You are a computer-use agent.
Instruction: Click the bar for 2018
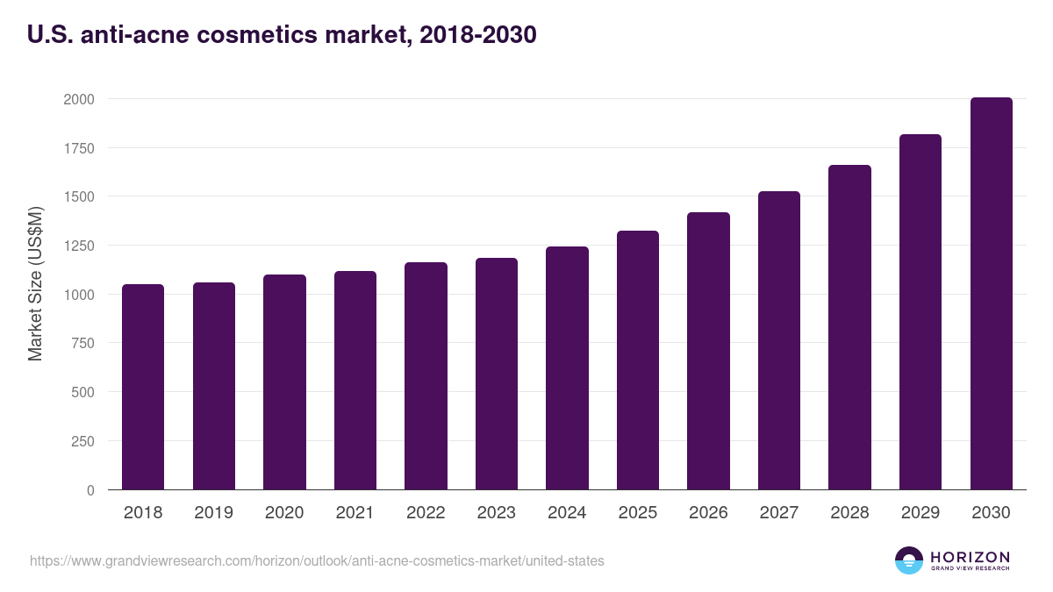tap(143, 387)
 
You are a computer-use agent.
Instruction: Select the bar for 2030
tap(991, 294)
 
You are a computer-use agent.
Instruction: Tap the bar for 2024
tap(567, 368)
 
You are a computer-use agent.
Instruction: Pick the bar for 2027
tap(779, 340)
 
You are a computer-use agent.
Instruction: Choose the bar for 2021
tap(355, 381)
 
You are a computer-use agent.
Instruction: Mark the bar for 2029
tap(920, 312)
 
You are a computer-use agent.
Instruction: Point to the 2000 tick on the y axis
tap(78, 99)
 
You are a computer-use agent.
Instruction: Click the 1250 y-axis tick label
tap(78, 246)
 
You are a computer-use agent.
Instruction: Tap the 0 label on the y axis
tap(90, 490)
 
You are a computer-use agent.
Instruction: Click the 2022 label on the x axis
tap(426, 513)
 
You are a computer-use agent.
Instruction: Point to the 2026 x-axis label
tap(708, 513)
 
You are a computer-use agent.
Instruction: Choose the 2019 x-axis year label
tap(213, 513)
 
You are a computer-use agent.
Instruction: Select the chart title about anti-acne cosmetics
tap(282, 35)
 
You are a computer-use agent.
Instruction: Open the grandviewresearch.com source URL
tap(317, 560)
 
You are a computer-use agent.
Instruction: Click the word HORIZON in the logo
tap(971, 557)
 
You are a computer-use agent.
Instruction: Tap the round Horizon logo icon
tap(909, 560)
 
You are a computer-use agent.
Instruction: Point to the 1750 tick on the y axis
tap(78, 148)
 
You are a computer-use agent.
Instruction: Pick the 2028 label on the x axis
tap(849, 513)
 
